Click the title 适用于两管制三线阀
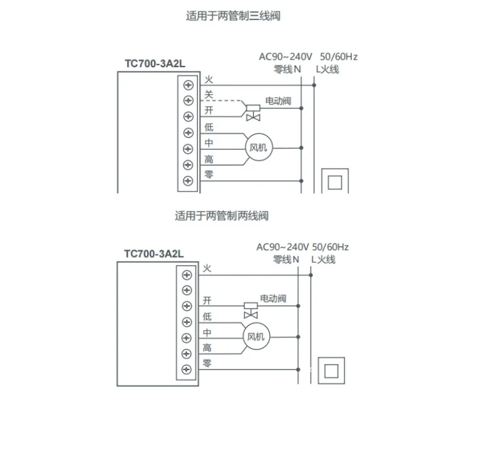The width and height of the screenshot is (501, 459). coord(233,16)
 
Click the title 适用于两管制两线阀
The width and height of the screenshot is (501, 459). coord(222,216)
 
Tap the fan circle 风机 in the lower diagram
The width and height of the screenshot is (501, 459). coord(255,337)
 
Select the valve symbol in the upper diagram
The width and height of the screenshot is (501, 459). coord(253,113)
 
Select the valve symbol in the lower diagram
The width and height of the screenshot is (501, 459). coord(250,310)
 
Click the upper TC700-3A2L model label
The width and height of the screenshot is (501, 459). coord(155,63)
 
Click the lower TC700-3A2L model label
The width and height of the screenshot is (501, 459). coord(153,253)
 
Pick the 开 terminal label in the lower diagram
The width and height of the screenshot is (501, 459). coord(207,301)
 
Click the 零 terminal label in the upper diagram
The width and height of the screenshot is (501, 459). coord(209,174)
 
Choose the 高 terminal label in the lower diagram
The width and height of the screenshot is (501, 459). coord(207,348)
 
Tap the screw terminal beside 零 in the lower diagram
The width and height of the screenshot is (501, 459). coord(187,369)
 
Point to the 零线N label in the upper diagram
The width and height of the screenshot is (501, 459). coord(287,69)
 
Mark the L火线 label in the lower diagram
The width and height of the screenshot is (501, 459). coord(323,259)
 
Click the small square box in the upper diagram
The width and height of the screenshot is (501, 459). coord(335,182)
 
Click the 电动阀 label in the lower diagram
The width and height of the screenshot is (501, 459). coord(273,298)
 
